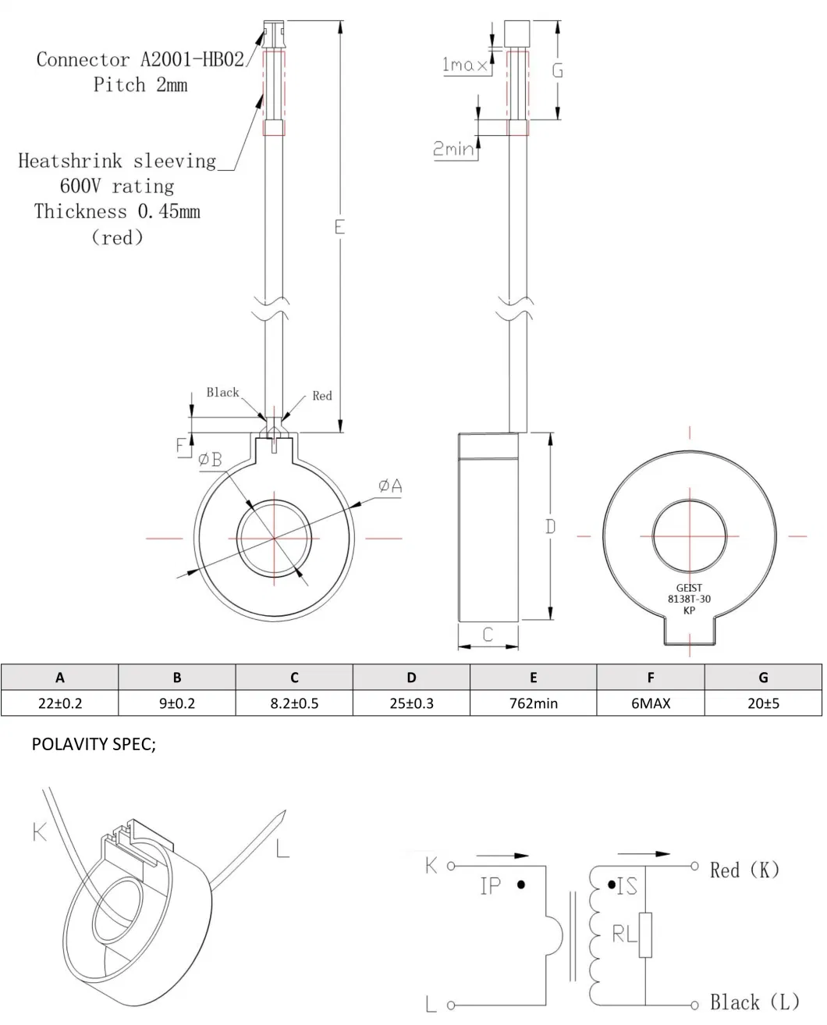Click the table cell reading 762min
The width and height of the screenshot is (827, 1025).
pyautogui.click(x=533, y=703)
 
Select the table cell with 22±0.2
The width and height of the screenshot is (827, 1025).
pyautogui.click(x=60, y=703)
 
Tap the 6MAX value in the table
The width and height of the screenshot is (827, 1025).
pyautogui.click(x=650, y=703)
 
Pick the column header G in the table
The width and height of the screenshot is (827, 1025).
pyautogui.click(x=762, y=677)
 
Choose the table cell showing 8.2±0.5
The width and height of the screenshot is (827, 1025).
pyautogui.click(x=294, y=703)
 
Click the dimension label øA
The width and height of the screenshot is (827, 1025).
pyautogui.click(x=389, y=486)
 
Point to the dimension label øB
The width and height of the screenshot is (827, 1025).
pyautogui.click(x=210, y=460)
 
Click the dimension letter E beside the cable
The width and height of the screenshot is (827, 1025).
pyautogui.click(x=339, y=227)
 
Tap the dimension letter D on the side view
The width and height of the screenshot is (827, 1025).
pyautogui.click(x=550, y=527)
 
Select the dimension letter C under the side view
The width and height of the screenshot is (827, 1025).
pyautogui.click(x=488, y=635)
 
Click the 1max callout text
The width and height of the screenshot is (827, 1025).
pyautogui.click(x=464, y=65)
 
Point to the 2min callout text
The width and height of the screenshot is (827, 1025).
pyautogui.click(x=454, y=148)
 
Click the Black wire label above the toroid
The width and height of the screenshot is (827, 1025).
pyautogui.click(x=222, y=392)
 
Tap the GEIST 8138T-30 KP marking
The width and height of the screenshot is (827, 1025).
pyautogui.click(x=689, y=599)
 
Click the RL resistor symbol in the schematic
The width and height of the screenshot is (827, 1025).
pyautogui.click(x=644, y=934)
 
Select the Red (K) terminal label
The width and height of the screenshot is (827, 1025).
pyautogui.click(x=744, y=869)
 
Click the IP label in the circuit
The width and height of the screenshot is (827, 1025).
pyautogui.click(x=491, y=885)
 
